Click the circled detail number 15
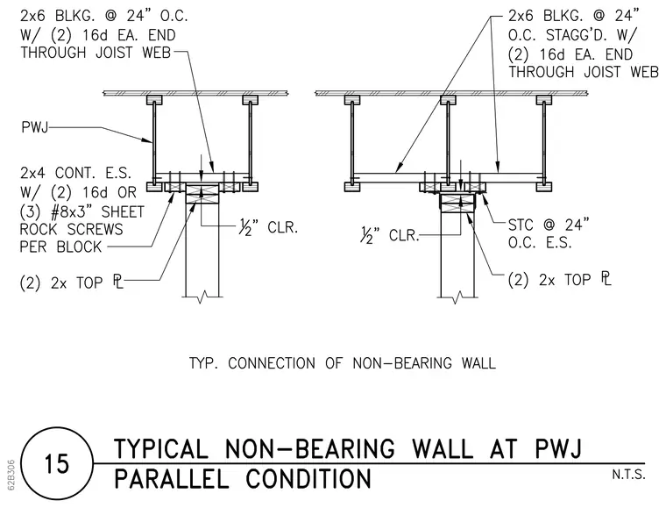coord(56,463)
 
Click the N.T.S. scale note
coord(628,475)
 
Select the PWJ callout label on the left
coord(34,126)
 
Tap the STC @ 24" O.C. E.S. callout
coord(549,233)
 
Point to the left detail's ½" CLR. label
coord(268,228)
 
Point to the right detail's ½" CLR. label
coord(389,235)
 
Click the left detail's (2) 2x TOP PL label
coord(71,283)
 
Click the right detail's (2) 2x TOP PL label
coord(560,279)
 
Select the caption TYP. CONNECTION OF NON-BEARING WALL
coord(343,363)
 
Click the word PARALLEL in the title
coord(172,479)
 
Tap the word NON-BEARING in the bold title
coord(309,449)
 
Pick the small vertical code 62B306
coord(11,475)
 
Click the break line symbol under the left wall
coord(202,297)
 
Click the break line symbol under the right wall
coord(457,297)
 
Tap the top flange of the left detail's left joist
coord(154,100)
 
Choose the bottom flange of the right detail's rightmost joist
coord(544,187)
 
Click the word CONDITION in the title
coord(308,479)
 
